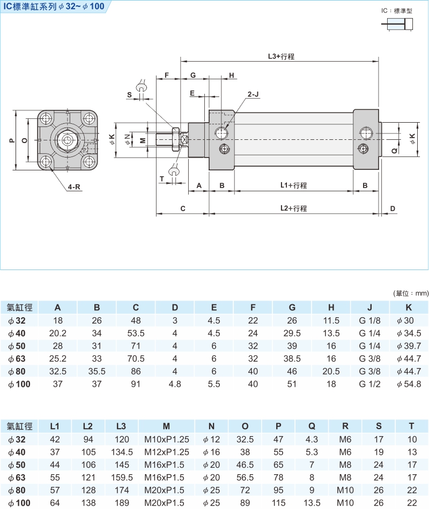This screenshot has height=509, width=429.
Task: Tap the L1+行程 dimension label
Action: [293, 185]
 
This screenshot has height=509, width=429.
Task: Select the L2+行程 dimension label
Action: [293, 208]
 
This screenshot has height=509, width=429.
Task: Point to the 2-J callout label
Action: [253, 94]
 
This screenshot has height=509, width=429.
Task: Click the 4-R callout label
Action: [75, 188]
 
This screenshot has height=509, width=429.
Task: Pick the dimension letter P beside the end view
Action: [12, 140]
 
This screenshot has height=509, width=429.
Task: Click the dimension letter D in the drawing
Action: [393, 208]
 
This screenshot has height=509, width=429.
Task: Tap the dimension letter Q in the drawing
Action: [394, 151]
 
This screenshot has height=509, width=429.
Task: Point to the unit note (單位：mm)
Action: [411, 293]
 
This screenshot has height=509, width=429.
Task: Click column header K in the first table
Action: [409, 308]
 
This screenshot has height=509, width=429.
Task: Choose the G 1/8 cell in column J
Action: [370, 320]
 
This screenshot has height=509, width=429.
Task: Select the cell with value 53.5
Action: [136, 333]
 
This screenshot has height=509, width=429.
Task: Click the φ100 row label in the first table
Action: [19, 384]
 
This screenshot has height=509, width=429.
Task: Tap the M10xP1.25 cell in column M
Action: [167, 439]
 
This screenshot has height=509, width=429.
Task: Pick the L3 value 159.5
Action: [121, 477]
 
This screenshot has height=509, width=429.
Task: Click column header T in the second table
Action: [411, 426]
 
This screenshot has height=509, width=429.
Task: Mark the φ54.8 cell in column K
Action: [409, 384]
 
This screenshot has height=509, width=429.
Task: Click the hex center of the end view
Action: [67, 140]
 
